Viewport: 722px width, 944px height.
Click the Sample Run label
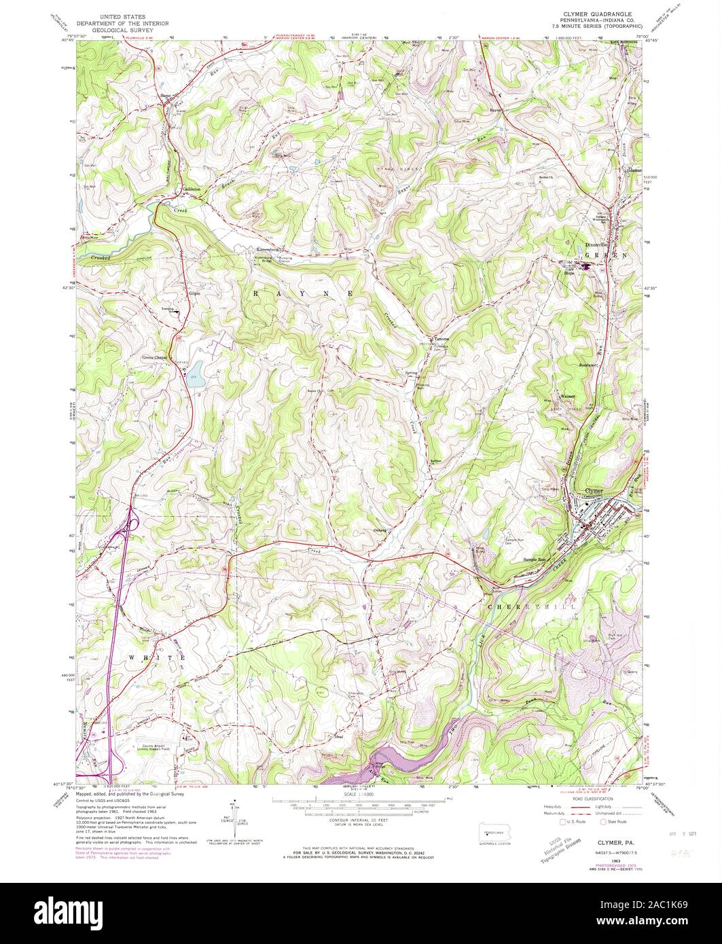pos(534,560)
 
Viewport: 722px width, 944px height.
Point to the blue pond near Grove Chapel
pos(196,380)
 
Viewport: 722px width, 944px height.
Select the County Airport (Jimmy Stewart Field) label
pos(163,744)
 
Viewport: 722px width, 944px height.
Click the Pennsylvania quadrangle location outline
pos(492,833)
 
